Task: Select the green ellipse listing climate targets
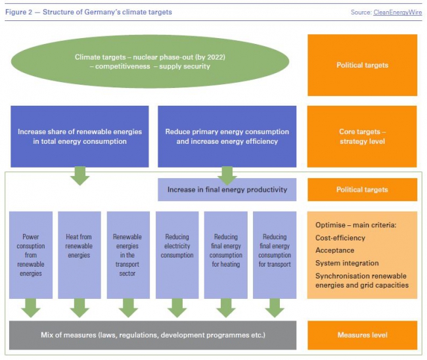click(150, 62)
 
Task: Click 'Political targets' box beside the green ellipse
click(362, 65)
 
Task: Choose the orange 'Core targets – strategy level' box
click(362, 137)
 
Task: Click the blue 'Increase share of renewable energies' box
click(79, 137)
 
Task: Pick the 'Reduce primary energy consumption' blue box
click(227, 137)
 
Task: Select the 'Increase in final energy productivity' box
click(227, 190)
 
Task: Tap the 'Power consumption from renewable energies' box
click(30, 255)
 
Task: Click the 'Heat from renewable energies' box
click(79, 255)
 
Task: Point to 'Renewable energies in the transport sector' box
click(128, 255)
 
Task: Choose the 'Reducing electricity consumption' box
click(177, 255)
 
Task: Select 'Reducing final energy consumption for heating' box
click(226, 255)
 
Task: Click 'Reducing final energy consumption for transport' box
click(275, 255)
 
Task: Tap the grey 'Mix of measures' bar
click(153, 335)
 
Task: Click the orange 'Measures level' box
click(362, 335)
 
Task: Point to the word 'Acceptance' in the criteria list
click(335, 250)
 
